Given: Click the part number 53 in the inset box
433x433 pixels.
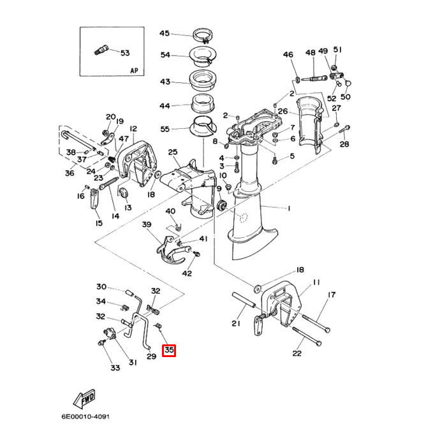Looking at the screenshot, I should tap(124, 53).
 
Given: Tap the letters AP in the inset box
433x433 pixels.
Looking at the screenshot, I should tap(134, 71).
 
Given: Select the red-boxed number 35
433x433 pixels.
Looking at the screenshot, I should tap(169, 350).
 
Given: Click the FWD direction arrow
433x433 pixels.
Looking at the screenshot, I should tap(86, 399).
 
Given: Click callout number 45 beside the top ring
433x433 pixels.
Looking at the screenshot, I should tap(165, 33).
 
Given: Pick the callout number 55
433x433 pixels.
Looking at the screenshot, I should tap(165, 129).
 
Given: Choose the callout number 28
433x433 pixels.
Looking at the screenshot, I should tap(344, 145).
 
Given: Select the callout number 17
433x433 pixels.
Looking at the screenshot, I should tap(332, 295).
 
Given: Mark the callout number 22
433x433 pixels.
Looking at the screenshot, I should tap(297, 353).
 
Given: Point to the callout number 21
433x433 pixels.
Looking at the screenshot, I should tap(236, 324).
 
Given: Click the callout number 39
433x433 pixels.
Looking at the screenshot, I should tap(146, 225).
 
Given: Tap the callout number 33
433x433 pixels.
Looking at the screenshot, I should tap(115, 368).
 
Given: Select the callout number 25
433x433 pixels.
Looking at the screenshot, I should tap(172, 152).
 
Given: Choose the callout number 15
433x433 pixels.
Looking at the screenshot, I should tap(99, 223).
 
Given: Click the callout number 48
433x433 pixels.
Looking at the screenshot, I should tap(311, 52).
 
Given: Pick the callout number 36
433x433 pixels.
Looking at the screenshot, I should tap(70, 173).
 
